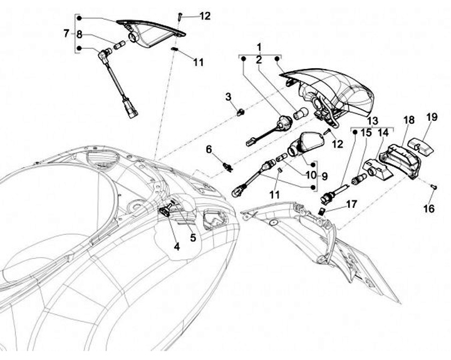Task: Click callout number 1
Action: (258, 47)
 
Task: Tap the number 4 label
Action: (177, 247)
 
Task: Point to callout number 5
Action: (193, 237)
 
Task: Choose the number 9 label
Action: (325, 177)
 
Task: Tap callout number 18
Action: (408, 120)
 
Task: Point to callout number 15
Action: (366, 133)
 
